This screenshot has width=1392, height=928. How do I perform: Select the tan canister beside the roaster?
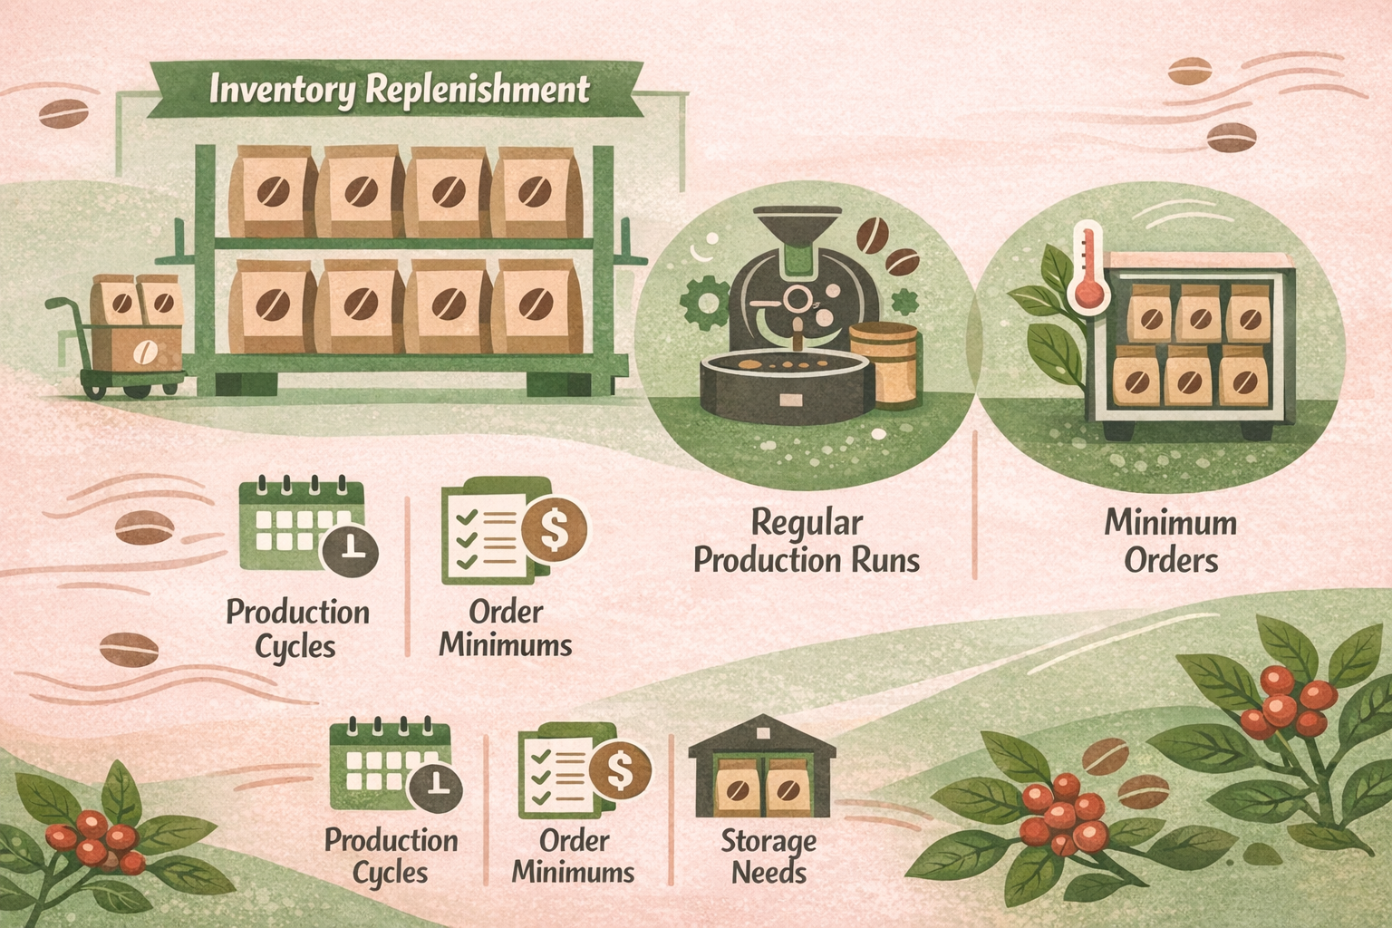884,362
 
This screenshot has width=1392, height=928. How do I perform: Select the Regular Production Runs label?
807,541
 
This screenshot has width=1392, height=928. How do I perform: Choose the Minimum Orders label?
1171,541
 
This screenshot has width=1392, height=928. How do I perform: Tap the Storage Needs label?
768,856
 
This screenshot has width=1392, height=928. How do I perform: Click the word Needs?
768,873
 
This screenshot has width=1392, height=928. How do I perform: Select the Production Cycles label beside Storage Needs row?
391,856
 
